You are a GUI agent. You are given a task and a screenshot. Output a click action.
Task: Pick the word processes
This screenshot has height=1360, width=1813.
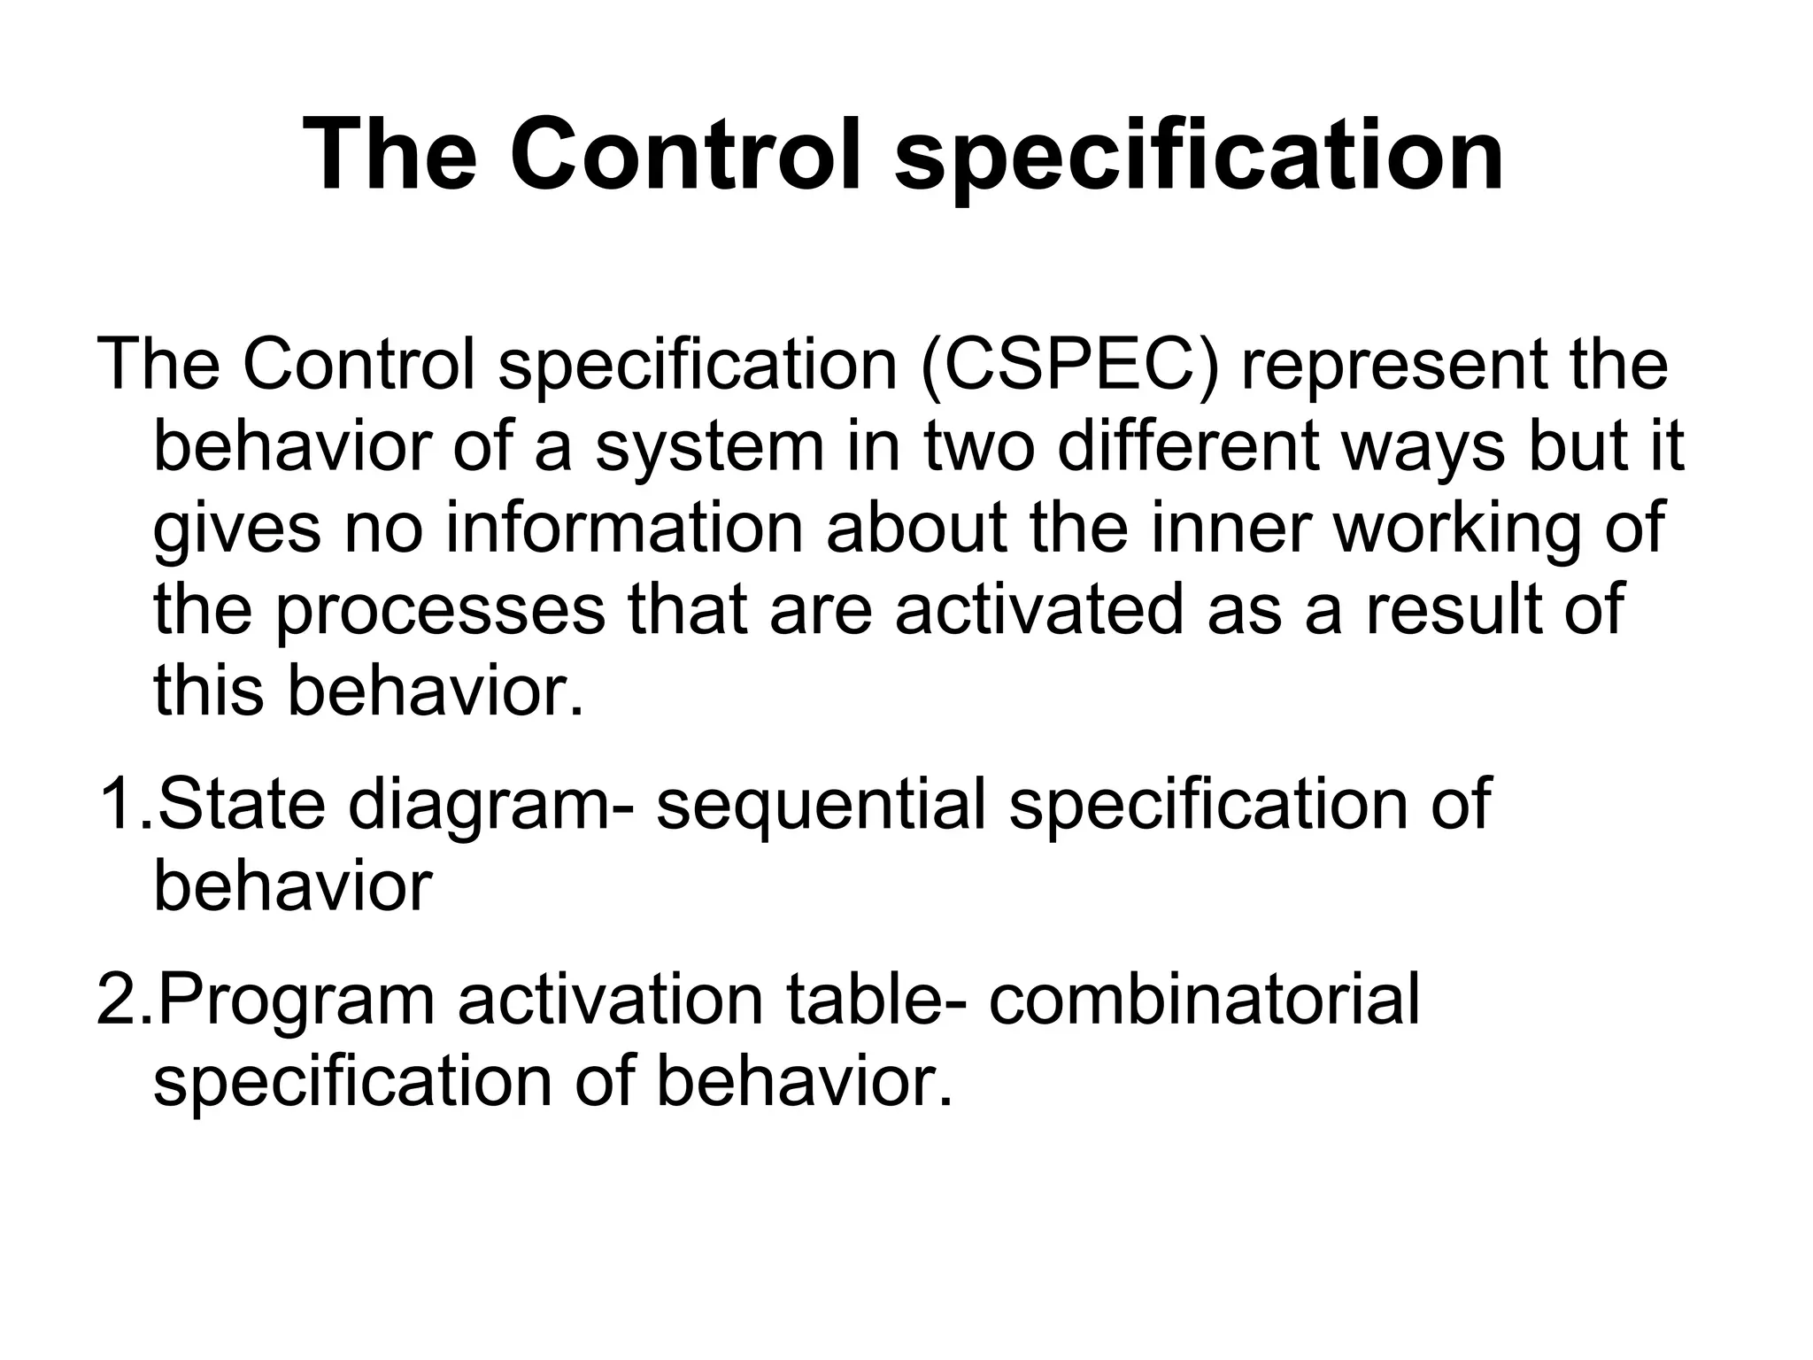point(441,610)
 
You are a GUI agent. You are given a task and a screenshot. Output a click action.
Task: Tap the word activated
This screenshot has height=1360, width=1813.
point(1039,610)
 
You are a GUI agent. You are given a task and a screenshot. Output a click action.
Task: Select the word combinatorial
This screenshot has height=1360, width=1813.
point(1204,999)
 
